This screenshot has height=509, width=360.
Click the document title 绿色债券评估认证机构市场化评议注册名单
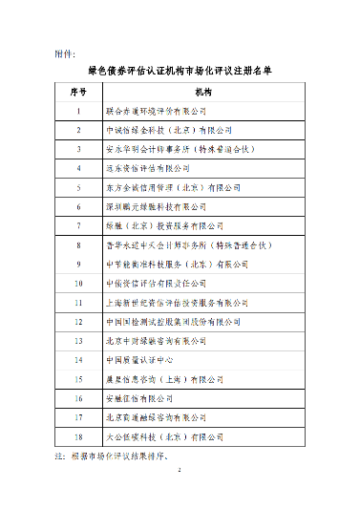(180, 71)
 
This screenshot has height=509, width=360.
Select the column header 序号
(79, 93)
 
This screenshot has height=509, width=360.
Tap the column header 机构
(202, 93)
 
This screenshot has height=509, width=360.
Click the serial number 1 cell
(79, 112)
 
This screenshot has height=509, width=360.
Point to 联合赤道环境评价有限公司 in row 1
(156, 112)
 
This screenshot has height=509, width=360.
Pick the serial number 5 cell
(79, 188)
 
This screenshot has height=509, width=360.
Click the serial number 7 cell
(79, 226)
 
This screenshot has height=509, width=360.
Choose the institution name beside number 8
(176, 245)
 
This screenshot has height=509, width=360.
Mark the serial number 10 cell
(79, 284)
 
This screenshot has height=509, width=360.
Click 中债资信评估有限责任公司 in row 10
(156, 284)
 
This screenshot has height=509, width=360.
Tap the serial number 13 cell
(79, 341)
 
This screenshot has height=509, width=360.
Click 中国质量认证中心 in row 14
(137, 360)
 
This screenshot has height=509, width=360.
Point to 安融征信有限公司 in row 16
(138, 398)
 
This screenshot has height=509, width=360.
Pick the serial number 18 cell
(79, 436)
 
